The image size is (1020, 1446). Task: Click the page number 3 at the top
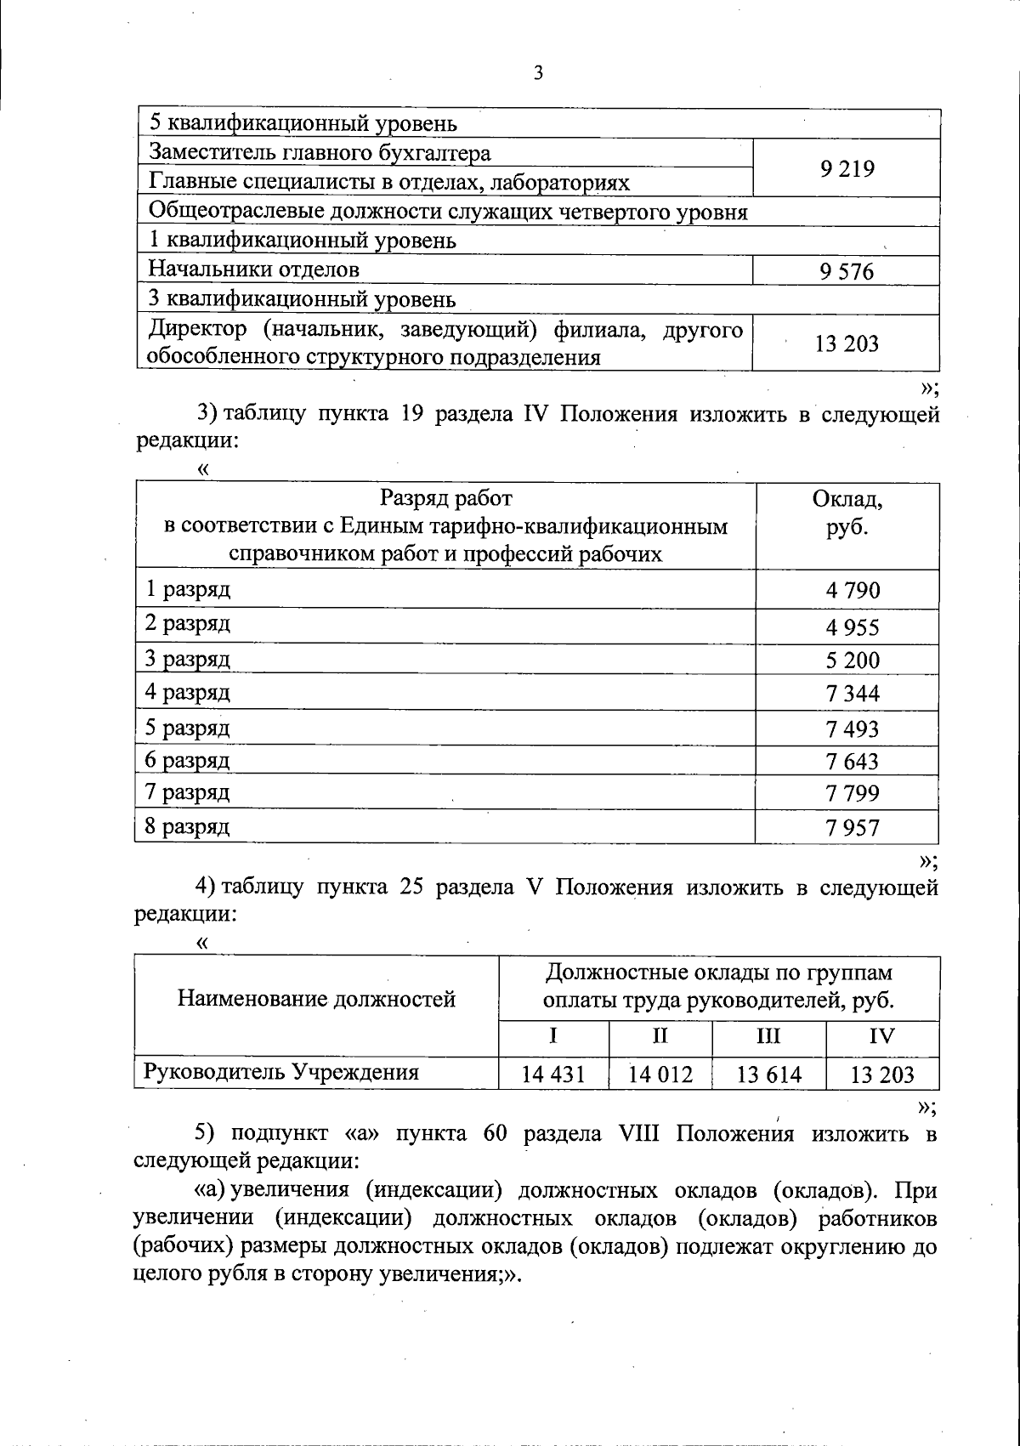(537, 73)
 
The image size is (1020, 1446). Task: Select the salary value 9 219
(847, 169)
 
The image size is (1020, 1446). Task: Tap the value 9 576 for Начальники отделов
(847, 272)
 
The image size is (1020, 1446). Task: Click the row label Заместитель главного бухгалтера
(320, 153)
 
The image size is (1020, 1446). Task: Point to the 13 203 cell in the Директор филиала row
(847, 344)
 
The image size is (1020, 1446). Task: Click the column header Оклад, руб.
(847, 513)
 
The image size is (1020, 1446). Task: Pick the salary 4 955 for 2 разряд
(852, 627)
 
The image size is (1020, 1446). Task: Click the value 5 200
(852, 661)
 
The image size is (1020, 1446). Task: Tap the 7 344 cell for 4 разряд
(852, 694)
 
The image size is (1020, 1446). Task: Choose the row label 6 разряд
(187, 760)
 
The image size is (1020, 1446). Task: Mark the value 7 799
(852, 793)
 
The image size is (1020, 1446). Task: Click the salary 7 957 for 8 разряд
(852, 827)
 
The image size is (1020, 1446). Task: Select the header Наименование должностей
(316, 998)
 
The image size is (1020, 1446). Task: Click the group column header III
(768, 1035)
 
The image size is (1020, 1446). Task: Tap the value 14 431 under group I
(553, 1075)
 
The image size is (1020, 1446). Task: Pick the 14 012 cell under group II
(660, 1075)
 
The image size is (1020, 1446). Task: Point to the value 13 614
(768, 1075)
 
